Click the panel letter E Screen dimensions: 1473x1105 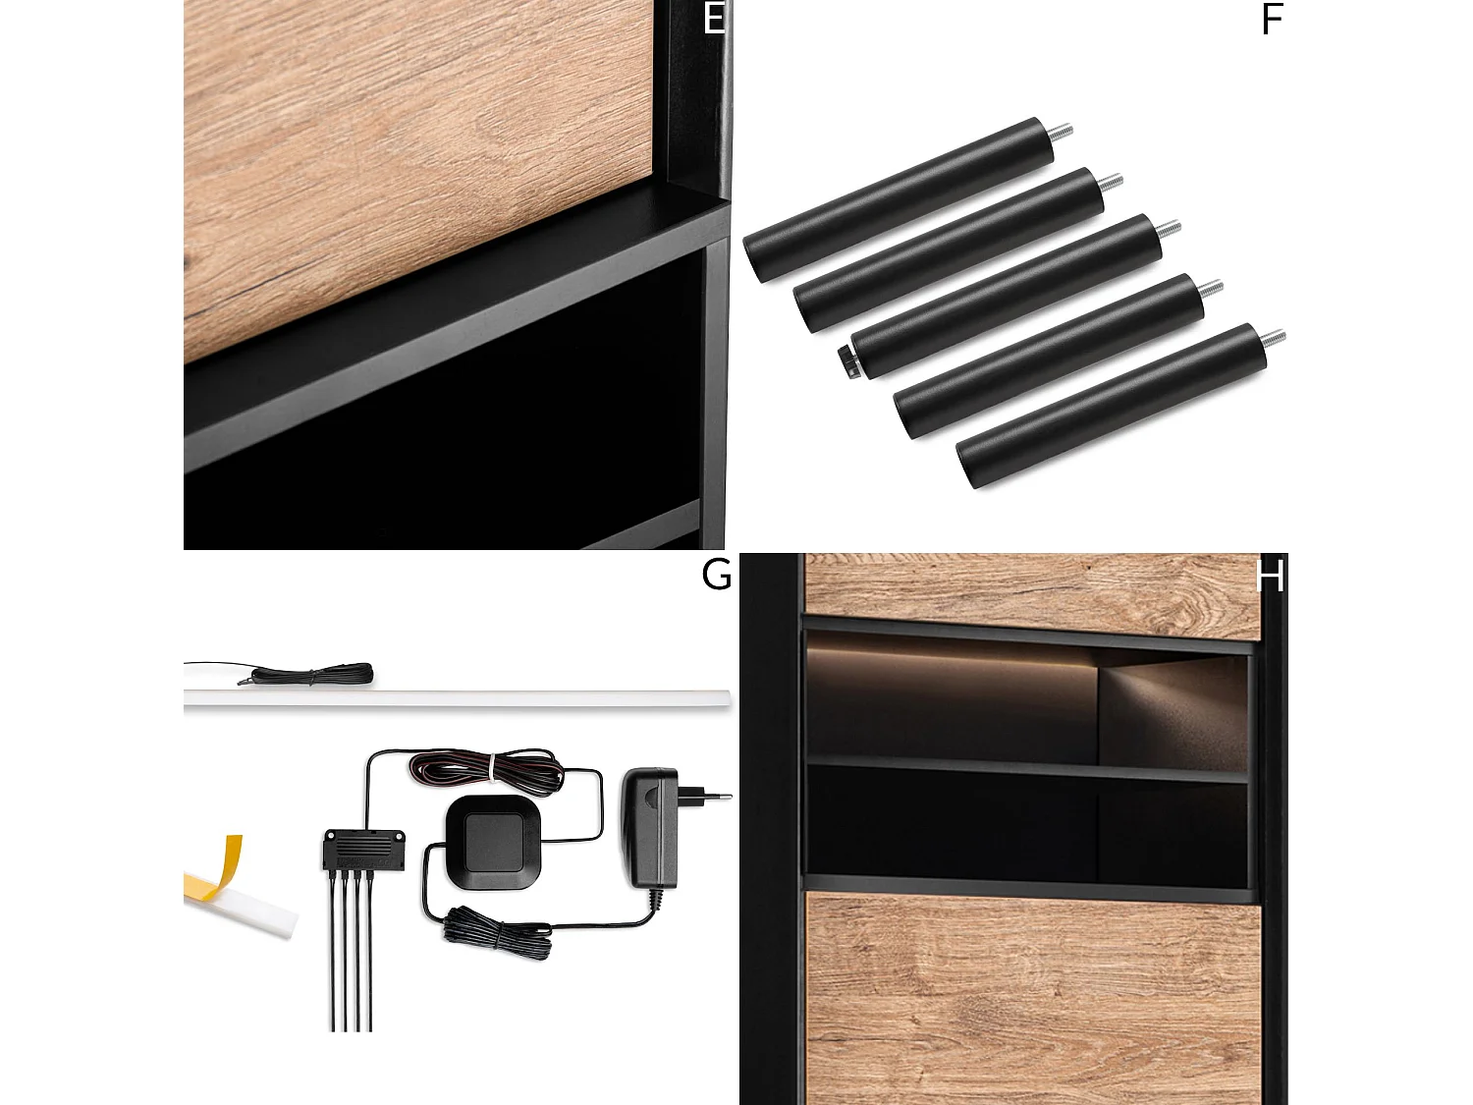(714, 18)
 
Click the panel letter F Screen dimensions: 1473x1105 (1272, 20)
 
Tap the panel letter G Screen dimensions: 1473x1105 (716, 575)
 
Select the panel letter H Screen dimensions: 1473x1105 (1270, 576)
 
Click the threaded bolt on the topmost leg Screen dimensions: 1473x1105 (1061, 131)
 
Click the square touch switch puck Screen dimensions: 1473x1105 (494, 842)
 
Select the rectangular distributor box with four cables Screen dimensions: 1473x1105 (364, 850)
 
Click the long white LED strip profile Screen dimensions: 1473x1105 (457, 698)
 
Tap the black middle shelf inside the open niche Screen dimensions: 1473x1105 (1027, 770)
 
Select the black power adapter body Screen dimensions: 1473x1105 (650, 828)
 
